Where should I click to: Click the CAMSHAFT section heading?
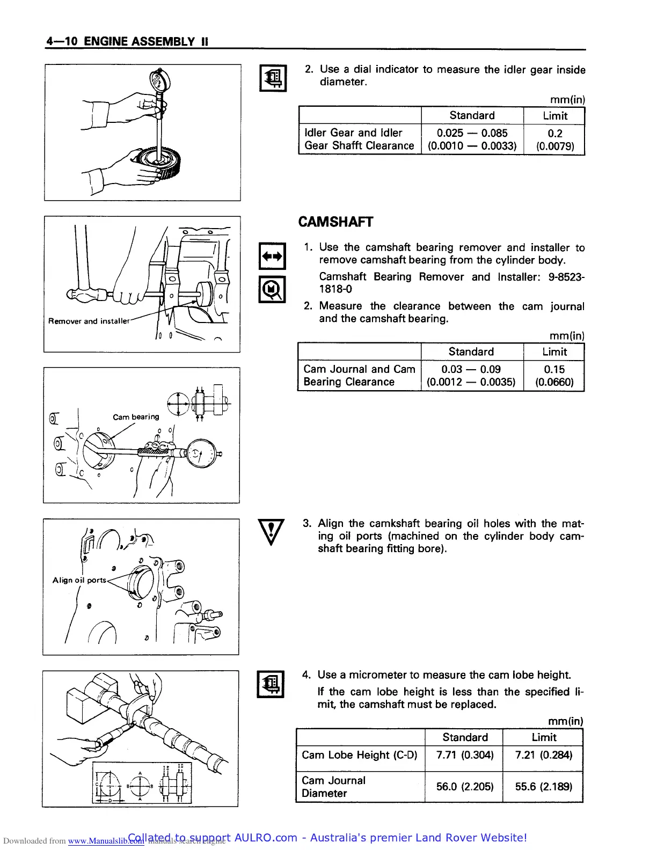tap(335, 222)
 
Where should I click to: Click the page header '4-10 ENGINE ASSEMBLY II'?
tap(127, 41)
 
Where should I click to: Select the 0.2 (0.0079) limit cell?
tap(554, 140)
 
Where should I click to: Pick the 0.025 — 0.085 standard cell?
tap(472, 140)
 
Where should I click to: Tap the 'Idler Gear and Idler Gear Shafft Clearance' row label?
tap(359, 140)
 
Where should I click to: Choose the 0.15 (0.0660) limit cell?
tap(554, 376)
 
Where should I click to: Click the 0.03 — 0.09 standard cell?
tap(471, 376)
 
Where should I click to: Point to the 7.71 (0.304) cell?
tap(464, 755)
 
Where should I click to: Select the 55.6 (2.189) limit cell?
tap(543, 787)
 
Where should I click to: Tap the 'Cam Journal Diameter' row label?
tap(333, 787)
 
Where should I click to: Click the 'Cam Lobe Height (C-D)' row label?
tap(359, 755)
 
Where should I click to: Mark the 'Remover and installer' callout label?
tap(89, 321)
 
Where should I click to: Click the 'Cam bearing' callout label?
tap(136, 417)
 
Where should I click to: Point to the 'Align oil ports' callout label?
tap(79, 580)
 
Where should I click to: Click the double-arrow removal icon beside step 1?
tap(272, 257)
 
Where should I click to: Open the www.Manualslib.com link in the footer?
tap(106, 841)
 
